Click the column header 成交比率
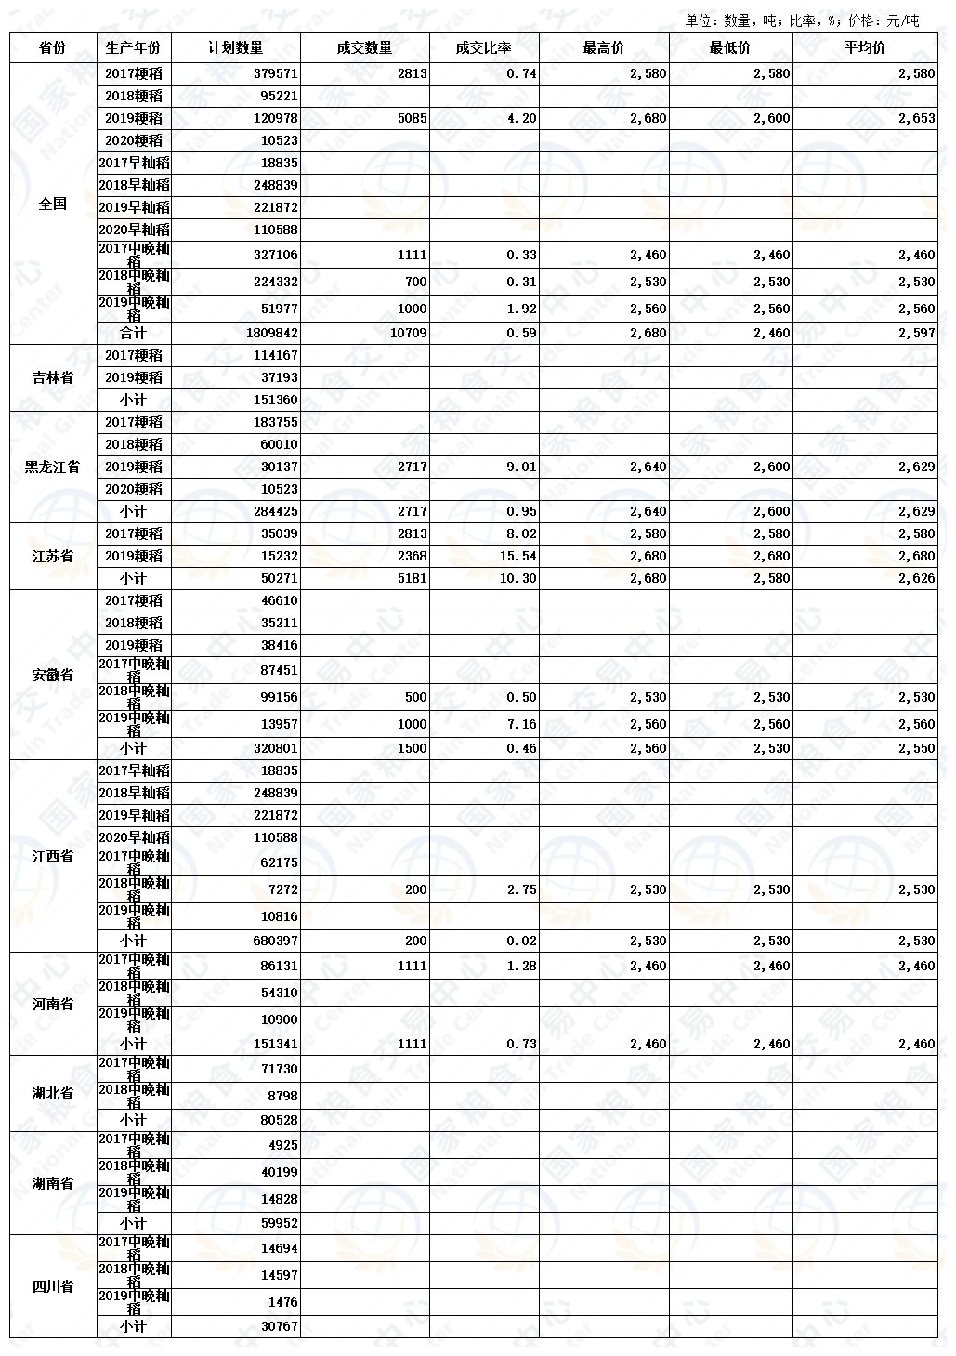point(483,48)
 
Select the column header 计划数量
point(236,48)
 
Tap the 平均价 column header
point(864,48)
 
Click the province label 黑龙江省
point(52,467)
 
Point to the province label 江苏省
point(52,556)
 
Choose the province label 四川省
point(52,1287)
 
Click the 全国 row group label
point(52,204)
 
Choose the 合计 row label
point(133,333)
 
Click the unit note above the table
point(801,20)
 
